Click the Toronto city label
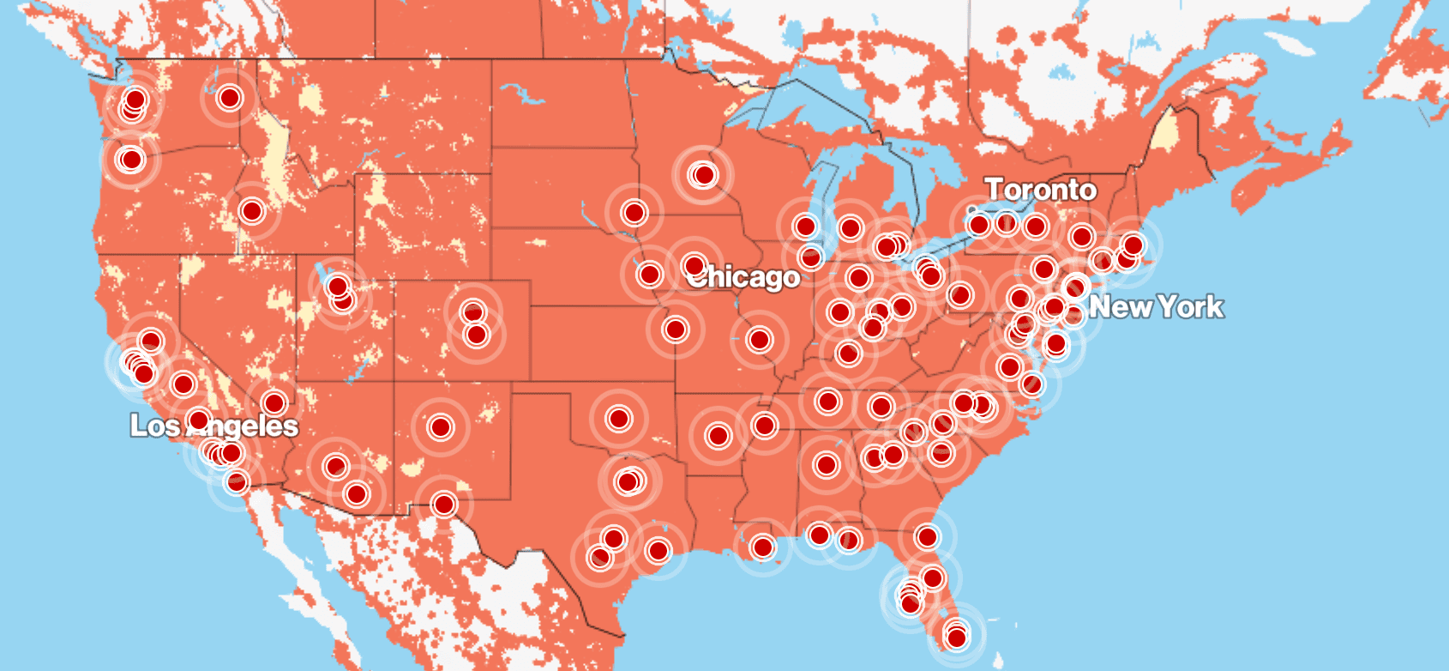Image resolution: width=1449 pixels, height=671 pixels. pos(1040,190)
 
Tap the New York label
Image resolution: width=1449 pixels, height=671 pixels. pos(1156,307)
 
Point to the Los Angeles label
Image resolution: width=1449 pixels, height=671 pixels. pos(214,426)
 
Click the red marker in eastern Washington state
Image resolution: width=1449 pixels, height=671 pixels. pos(229,98)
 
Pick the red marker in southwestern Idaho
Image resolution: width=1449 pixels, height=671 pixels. pos(251,210)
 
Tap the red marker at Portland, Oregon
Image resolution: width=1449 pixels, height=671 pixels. pos(131,160)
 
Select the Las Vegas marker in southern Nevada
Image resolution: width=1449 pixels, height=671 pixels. pos(274,402)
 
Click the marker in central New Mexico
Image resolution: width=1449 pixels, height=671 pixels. pos(441,426)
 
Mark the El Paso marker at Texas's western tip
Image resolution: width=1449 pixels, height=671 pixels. pos(443,504)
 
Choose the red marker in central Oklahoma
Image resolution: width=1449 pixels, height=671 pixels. pos(619,419)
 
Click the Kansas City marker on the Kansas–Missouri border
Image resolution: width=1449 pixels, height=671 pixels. pos(676,329)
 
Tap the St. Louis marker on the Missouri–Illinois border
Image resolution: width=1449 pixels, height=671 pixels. pos(759,340)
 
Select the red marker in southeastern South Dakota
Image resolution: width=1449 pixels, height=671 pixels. pos(634,212)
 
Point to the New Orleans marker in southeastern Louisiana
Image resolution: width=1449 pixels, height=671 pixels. pos(762,547)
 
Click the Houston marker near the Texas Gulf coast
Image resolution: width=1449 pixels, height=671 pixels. pos(658,550)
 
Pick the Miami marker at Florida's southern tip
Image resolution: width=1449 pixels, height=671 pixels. pos(957,637)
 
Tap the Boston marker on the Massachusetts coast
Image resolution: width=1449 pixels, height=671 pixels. pos(1133,245)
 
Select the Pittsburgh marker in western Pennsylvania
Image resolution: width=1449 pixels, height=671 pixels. pos(960,296)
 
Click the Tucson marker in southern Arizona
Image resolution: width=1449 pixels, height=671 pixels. pos(357,493)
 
